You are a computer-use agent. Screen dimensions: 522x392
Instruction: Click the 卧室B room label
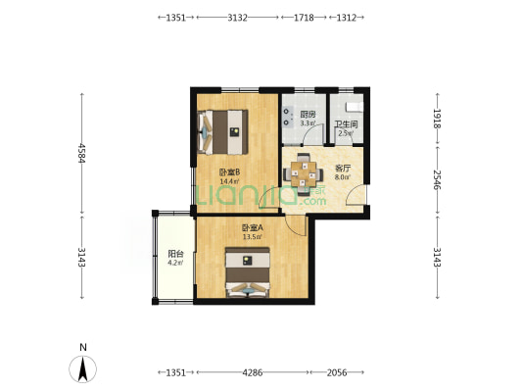[230, 172]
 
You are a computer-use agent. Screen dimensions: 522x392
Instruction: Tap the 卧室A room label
[253, 227]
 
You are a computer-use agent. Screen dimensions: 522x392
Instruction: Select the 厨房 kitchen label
[308, 115]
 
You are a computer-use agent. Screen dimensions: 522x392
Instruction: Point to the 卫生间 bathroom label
[346, 124]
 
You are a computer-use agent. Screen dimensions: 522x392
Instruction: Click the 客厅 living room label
[343, 168]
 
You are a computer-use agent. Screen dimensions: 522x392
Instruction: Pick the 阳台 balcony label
[175, 254]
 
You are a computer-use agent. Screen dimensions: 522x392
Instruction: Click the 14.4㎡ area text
[229, 181]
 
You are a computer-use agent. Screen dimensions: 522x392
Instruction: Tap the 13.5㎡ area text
[252, 237]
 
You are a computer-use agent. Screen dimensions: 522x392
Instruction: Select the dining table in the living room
[304, 173]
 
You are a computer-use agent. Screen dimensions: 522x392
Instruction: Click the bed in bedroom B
[222, 132]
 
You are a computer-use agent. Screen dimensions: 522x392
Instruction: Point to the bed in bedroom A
[248, 272]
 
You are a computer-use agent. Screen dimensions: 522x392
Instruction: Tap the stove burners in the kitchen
[287, 117]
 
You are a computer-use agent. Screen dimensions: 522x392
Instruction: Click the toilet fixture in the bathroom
[355, 107]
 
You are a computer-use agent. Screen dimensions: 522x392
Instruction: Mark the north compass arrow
[82, 368]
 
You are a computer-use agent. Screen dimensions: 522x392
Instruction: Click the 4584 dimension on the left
[82, 153]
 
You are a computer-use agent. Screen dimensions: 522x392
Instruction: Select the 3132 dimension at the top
[237, 18]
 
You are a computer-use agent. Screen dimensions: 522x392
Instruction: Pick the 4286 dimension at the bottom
[253, 372]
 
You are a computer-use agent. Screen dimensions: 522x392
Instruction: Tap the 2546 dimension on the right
[437, 179]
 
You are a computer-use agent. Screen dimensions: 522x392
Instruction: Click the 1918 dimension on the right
[437, 119]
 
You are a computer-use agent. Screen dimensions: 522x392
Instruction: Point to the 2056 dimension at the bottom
[337, 372]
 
